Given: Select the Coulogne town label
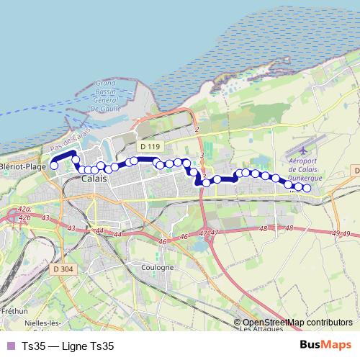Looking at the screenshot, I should pos(157,267).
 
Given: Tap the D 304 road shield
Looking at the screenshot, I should pos(63,269).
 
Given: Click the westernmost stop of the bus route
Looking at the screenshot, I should pos(53,166).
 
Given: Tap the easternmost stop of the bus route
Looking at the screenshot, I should pos(307,189).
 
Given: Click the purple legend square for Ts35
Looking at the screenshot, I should pos(9,346).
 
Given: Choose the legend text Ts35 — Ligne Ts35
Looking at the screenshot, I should pos(68,346).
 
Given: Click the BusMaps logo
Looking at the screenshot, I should pos(325,345).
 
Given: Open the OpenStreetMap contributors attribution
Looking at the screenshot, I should pos(297,323).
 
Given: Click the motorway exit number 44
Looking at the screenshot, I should pos(99,231).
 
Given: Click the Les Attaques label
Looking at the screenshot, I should pos(258,330).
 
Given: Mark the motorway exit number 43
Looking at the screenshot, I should pos(71,228).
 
